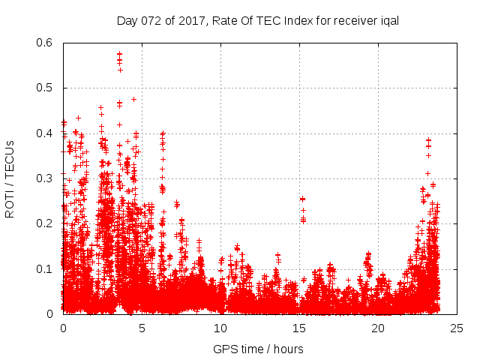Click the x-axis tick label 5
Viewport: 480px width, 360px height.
[142, 328]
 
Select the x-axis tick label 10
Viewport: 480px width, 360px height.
[220, 328]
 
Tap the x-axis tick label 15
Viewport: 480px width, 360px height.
[299, 328]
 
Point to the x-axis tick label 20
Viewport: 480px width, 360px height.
[378, 328]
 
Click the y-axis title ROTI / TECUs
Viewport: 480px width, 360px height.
[10, 178]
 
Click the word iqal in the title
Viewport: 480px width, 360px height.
[388, 20]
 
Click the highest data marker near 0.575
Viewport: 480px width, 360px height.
[120, 54]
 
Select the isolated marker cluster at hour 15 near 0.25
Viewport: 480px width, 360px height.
[302, 199]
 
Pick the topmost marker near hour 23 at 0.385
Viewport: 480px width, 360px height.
[428, 139]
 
